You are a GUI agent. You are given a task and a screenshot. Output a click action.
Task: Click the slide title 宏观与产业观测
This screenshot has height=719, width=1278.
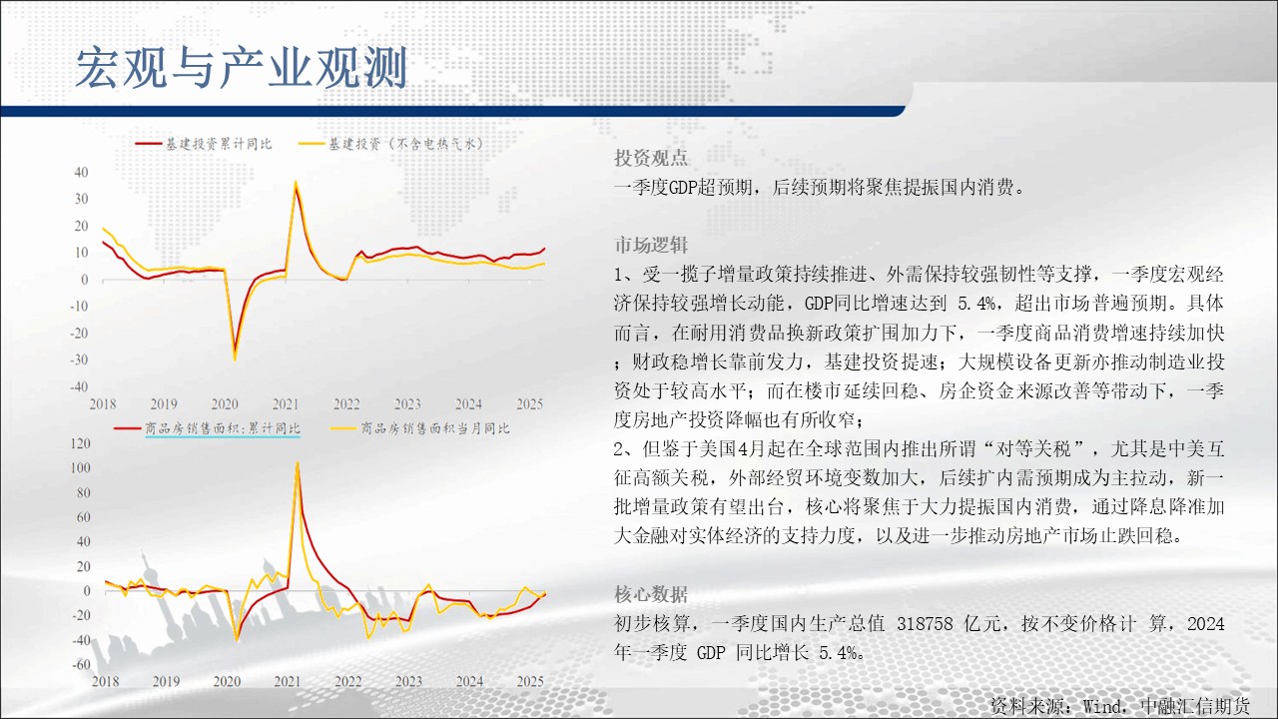click(242, 68)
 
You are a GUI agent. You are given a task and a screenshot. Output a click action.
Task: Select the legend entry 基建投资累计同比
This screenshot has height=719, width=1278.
click(204, 144)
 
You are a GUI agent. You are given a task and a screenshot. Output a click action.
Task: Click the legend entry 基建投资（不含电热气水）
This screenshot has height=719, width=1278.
click(391, 144)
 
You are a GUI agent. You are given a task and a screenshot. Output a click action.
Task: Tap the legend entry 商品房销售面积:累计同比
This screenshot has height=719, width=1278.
click(207, 428)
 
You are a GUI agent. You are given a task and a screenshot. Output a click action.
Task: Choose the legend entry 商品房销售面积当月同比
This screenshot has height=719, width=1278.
click(420, 428)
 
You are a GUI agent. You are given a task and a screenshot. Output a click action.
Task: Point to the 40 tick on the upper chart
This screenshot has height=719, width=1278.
click(81, 173)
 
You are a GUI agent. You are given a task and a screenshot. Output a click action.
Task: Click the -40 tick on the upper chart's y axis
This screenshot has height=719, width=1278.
click(79, 386)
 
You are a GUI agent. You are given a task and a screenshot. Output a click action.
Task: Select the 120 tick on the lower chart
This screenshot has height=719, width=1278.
click(81, 443)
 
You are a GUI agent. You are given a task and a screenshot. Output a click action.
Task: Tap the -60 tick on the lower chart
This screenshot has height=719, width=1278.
click(82, 664)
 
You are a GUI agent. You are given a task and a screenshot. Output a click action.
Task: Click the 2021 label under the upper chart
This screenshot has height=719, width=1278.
click(286, 404)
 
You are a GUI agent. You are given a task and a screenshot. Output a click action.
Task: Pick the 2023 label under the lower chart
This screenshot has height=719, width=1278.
click(409, 681)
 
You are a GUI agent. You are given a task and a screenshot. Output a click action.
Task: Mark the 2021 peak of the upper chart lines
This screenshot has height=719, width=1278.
click(296, 182)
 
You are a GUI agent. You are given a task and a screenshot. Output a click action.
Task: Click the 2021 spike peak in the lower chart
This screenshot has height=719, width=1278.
click(298, 462)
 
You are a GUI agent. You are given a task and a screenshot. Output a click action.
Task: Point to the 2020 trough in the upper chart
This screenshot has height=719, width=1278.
click(235, 359)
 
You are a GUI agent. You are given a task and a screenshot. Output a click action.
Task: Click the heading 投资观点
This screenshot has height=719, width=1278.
click(651, 158)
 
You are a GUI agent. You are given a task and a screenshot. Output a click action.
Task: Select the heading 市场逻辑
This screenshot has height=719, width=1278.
click(651, 245)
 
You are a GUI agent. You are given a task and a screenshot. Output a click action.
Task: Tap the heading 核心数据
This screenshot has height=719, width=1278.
click(651, 594)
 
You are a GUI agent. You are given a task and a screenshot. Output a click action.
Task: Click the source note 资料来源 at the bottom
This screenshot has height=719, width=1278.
click(1025, 706)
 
